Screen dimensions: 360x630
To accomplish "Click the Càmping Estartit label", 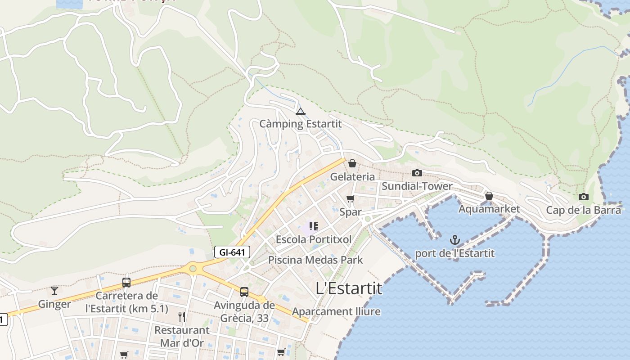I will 301,123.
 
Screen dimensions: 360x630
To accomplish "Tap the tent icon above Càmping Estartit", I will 301,111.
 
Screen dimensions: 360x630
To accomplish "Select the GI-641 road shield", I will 232,252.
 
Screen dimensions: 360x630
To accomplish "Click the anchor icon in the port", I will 454,239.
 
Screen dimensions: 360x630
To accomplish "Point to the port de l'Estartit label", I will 454,253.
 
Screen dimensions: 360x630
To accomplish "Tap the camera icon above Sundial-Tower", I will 417,173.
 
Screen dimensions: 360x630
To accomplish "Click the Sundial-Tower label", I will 417,186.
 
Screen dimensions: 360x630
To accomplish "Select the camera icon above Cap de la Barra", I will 584,197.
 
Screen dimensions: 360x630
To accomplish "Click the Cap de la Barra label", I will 584,210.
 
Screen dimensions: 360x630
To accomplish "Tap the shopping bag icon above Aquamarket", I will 489,196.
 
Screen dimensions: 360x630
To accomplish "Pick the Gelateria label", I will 352,176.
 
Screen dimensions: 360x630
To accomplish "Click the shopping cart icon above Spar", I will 351,198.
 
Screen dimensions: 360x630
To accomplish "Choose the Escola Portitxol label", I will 314,239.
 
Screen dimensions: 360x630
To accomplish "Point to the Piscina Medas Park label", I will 315,260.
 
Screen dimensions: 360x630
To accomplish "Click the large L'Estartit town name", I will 349,288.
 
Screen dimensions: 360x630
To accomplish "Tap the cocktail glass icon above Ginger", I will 54,290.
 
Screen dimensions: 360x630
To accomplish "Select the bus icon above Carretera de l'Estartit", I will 126,283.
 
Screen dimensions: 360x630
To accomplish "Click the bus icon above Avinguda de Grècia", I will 244,292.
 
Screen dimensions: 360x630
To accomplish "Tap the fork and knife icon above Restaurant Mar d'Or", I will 182,317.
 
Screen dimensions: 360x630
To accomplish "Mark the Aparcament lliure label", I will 336,311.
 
